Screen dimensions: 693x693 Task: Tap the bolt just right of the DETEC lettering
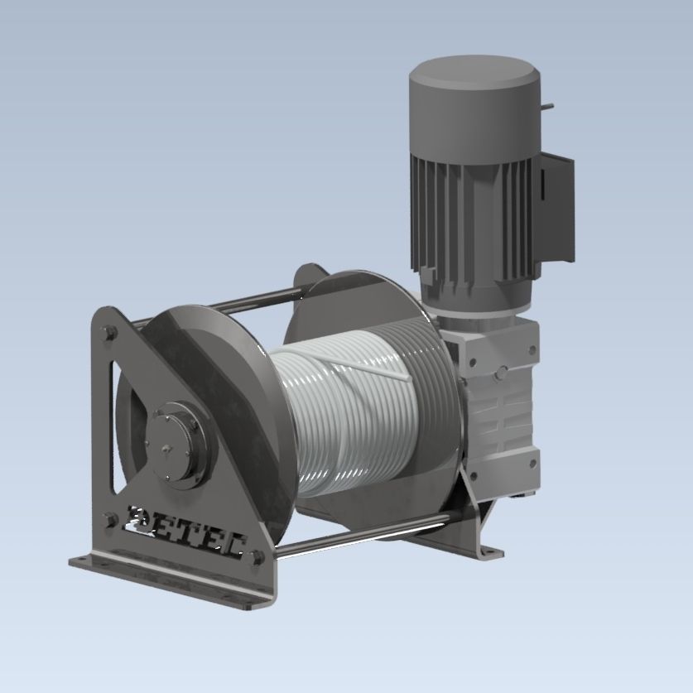pyautogui.click(x=256, y=556)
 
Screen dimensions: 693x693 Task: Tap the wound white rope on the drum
pyautogui.click(x=348, y=414)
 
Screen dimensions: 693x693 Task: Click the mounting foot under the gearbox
pyautogui.click(x=480, y=546)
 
